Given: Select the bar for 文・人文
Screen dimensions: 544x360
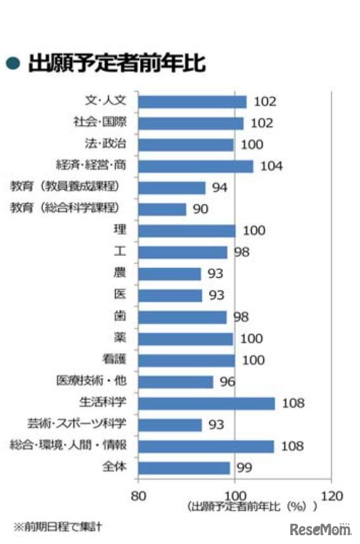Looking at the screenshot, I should [192, 102].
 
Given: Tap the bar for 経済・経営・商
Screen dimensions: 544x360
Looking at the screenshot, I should [195, 167].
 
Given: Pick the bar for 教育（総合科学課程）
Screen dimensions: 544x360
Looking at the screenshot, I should [162, 209].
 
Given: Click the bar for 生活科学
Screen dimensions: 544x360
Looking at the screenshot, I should [206, 403].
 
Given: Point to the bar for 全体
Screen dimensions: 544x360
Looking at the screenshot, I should [184, 468].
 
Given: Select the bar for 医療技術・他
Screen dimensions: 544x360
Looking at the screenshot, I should [176, 382].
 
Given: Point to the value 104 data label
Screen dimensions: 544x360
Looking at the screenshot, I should [271, 167].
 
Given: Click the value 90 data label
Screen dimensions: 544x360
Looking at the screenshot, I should [200, 209].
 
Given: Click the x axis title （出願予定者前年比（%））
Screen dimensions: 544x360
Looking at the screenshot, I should [252, 507].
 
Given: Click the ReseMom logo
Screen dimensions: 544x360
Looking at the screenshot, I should [320, 529].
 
